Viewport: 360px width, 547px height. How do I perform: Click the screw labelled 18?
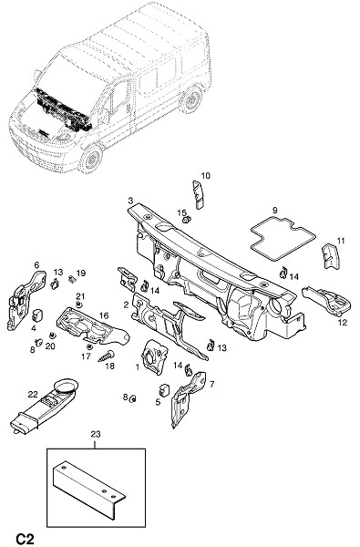pos(107,356)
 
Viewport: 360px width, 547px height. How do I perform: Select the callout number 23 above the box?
pos(96,434)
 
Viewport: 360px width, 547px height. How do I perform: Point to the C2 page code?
pos(25,539)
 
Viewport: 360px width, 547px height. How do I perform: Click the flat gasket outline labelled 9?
pos(283,238)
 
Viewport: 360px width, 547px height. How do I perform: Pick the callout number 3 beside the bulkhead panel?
pos(130,201)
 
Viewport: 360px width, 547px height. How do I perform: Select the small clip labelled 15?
pos(188,220)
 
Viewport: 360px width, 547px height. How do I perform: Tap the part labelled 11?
pos(330,255)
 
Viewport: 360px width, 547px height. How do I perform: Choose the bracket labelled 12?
pos(328,300)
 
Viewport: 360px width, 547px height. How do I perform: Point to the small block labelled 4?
pos(37,315)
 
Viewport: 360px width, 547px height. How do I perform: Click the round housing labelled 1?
pos(155,356)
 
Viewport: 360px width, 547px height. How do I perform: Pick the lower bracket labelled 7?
pos(187,397)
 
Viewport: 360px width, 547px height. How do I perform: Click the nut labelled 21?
pos(79,305)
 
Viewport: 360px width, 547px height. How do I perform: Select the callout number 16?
pos(104,315)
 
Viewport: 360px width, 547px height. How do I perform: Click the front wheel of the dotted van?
pos(91,160)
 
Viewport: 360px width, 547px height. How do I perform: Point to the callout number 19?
pos(81,273)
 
